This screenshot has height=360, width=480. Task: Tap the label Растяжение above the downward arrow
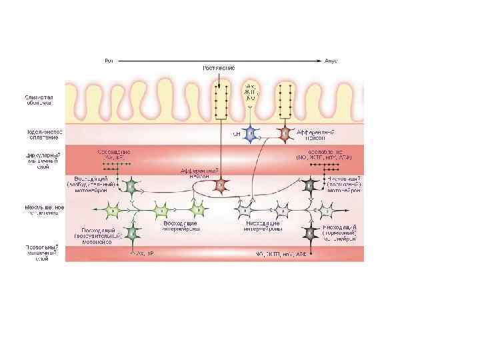tap(218, 69)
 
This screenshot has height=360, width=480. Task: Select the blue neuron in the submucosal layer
tap(249, 133)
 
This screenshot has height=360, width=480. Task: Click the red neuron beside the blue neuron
tap(285, 133)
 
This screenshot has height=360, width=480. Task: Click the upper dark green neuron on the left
tap(132, 185)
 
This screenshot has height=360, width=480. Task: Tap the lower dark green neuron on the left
tap(132, 232)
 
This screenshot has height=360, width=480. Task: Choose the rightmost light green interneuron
tap(197, 211)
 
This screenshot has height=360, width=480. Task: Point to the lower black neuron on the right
tap(310, 232)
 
